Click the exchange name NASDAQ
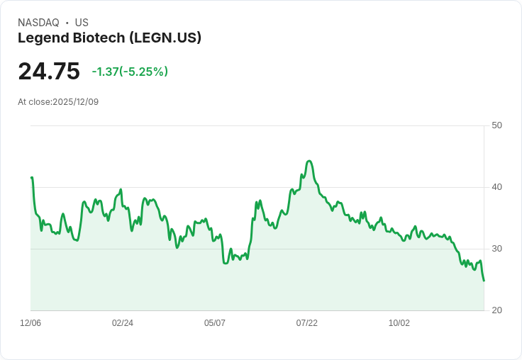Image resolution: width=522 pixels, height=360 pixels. (38, 23)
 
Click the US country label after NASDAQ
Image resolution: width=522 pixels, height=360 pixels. (82, 23)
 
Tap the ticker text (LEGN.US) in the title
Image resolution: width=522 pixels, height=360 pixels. (165, 38)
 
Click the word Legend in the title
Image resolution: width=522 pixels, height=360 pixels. (43, 38)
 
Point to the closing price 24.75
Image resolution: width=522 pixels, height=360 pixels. (49, 72)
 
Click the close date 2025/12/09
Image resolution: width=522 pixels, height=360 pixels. (75, 102)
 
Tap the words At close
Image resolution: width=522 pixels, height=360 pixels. (35, 102)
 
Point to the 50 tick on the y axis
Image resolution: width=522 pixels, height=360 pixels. (497, 125)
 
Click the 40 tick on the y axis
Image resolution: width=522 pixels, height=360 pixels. (497, 187)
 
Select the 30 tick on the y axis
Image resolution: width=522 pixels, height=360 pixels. (497, 249)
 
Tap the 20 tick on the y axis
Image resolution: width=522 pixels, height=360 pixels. (497, 310)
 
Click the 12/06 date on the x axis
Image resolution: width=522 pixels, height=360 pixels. (30, 323)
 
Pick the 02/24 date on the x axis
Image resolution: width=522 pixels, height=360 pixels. (123, 323)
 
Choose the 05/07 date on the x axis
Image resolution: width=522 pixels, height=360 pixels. (215, 323)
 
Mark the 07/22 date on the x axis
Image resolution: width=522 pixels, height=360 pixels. (307, 323)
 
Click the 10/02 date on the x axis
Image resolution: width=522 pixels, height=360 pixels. (399, 323)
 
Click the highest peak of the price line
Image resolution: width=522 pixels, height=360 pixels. (309, 161)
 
